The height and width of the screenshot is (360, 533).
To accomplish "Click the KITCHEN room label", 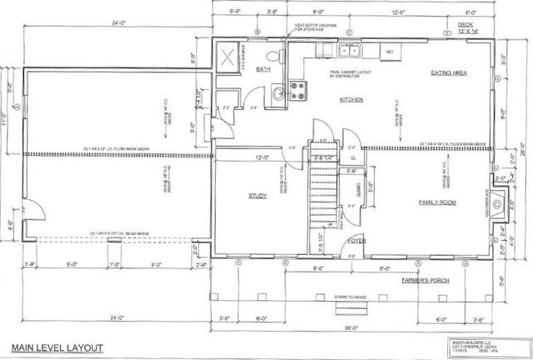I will (350, 100).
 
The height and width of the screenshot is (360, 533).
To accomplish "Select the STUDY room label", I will (257, 197).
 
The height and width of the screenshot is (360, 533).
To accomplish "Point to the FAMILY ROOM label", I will (441, 202).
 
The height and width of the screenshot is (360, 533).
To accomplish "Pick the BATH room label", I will (264, 70).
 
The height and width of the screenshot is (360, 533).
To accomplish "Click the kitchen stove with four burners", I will (296, 90).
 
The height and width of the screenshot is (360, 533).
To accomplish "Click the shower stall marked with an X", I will (227, 58).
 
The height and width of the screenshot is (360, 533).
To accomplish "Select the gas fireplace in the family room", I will (498, 201).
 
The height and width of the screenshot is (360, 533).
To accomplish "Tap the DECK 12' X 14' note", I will (471, 28).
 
